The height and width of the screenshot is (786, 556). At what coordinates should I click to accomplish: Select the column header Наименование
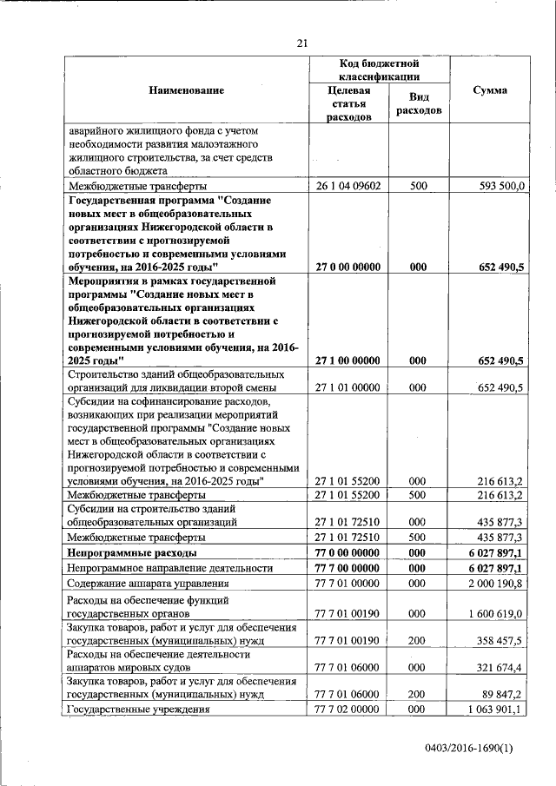[185, 90]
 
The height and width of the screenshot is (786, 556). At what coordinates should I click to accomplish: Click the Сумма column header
[490, 91]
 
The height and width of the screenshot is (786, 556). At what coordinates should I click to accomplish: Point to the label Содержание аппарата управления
[148, 584]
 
